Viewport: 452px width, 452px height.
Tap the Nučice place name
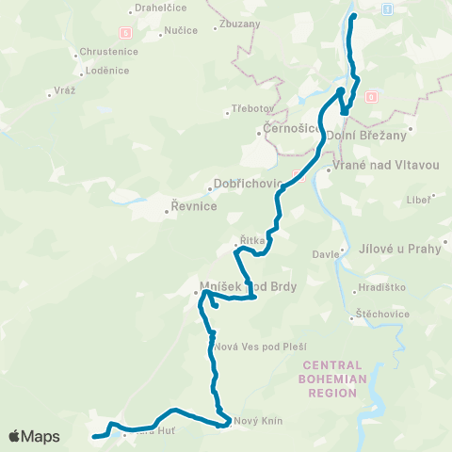[x=181, y=30]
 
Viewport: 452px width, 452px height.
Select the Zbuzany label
[x=238, y=24]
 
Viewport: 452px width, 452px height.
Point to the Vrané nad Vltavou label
[x=386, y=165]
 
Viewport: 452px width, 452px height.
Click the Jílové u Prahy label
[x=400, y=249]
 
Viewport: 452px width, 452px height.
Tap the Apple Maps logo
[x=34, y=436]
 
